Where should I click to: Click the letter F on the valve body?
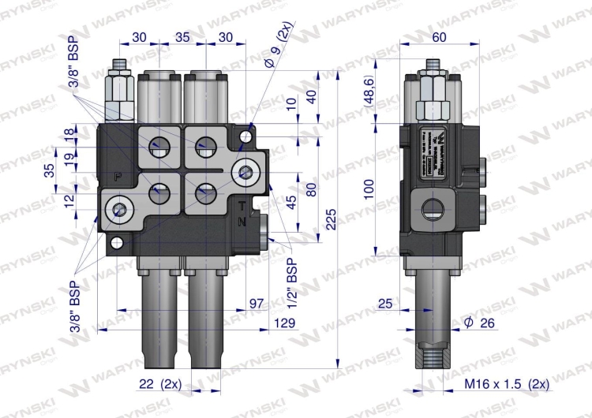[118, 177]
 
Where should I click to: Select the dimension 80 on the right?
[310, 189]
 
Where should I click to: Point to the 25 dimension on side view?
[384, 304]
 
